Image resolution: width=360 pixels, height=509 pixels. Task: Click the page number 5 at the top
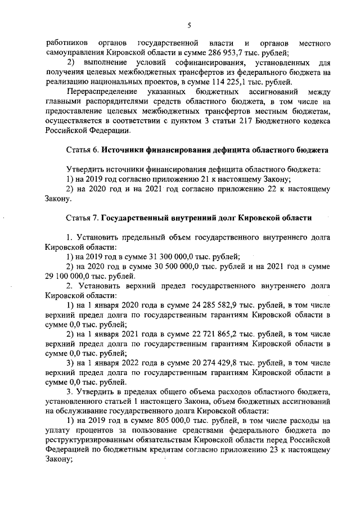coord(190,25)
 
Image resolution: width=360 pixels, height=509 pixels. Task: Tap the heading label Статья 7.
coord(83,217)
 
